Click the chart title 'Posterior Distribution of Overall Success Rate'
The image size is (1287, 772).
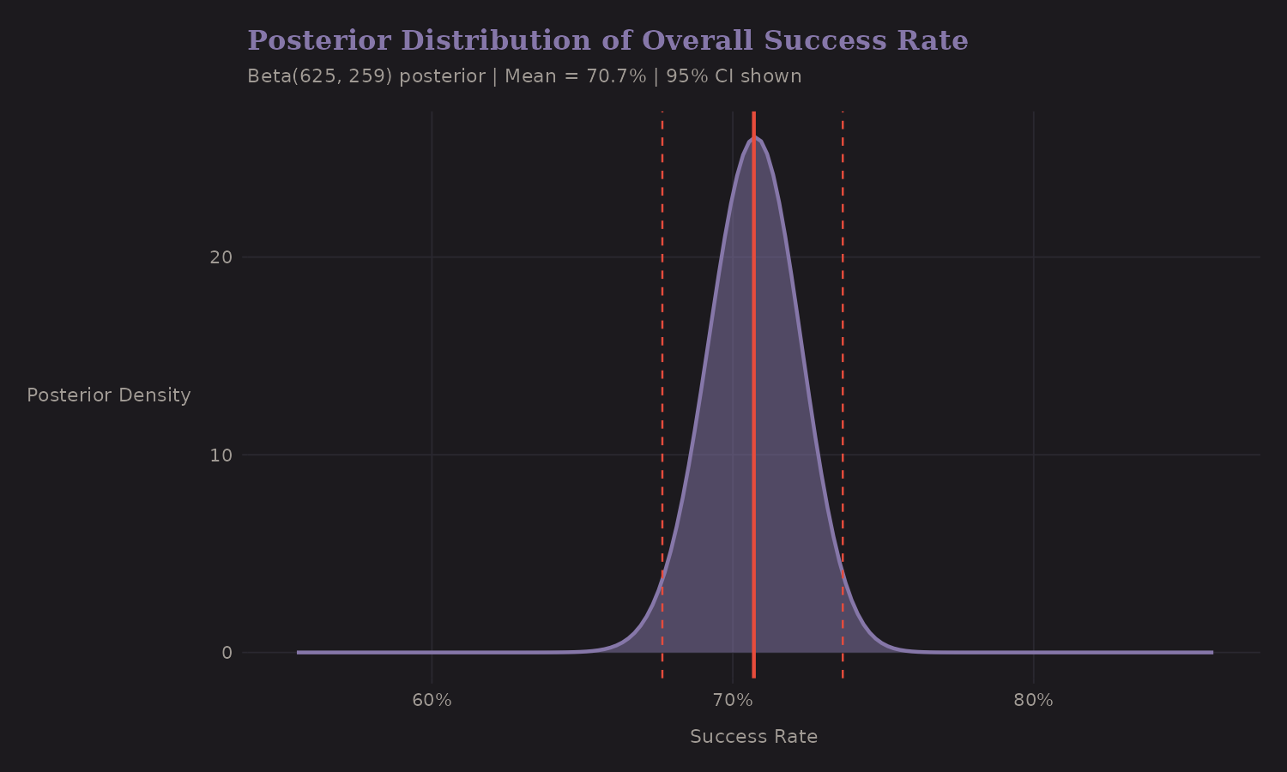(x=607, y=41)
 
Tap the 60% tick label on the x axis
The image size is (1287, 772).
(x=432, y=701)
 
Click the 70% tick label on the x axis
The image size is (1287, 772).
(x=733, y=701)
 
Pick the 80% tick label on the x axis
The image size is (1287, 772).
(x=1033, y=701)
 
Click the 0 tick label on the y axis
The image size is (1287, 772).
(x=227, y=653)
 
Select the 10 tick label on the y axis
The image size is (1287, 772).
(x=221, y=455)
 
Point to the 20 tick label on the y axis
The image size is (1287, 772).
(x=221, y=257)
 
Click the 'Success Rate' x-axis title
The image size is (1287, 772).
(x=753, y=737)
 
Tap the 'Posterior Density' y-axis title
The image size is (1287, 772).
(x=109, y=395)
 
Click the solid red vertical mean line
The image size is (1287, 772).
(x=753, y=386)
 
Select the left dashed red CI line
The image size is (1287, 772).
(x=662, y=343)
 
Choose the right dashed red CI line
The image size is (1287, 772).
(x=843, y=343)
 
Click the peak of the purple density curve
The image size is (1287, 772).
(x=754, y=138)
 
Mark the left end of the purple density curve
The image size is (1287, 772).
(x=299, y=652)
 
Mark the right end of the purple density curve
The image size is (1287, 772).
(x=1211, y=652)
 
